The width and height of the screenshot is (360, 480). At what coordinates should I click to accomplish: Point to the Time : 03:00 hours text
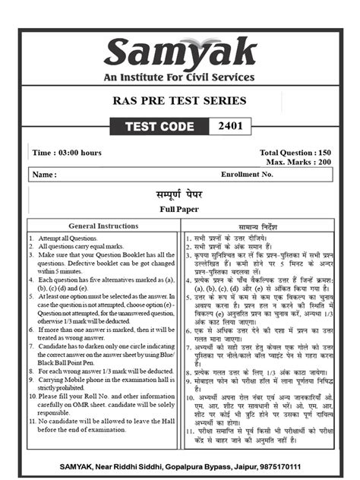tap(67, 153)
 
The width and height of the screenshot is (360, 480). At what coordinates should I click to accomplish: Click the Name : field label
tap(45, 175)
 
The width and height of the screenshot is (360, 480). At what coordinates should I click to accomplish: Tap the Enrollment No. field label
tap(247, 175)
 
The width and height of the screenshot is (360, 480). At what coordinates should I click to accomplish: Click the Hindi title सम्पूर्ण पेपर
tap(179, 194)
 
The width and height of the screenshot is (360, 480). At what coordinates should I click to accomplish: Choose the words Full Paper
tap(179, 209)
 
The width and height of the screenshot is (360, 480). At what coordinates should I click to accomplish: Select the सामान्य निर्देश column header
tap(260, 226)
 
